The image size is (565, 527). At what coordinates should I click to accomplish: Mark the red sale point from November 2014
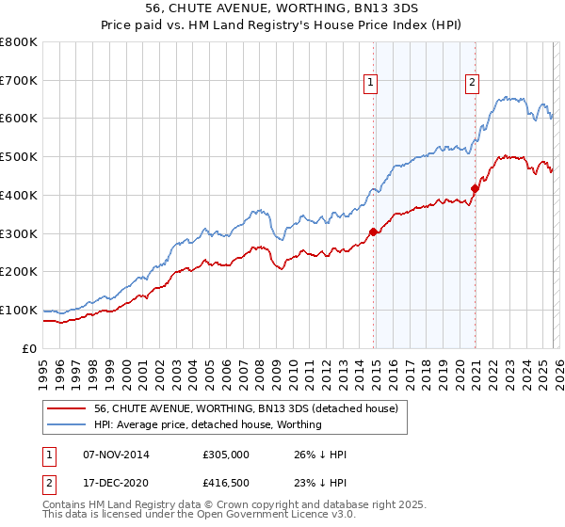373,232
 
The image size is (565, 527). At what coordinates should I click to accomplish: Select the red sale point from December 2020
475,188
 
